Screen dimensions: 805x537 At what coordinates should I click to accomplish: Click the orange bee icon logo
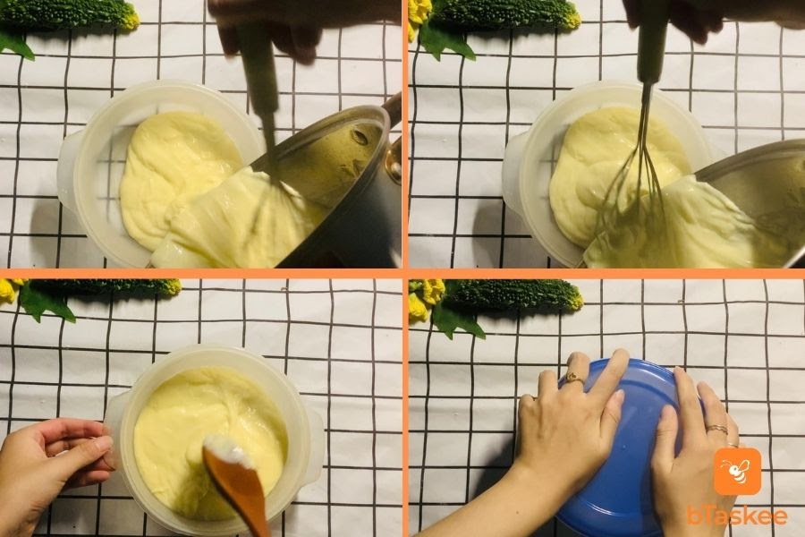click(x=737, y=472)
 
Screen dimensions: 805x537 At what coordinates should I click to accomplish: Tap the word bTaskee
click(x=737, y=516)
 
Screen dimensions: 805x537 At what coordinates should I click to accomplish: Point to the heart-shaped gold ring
click(x=574, y=378)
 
